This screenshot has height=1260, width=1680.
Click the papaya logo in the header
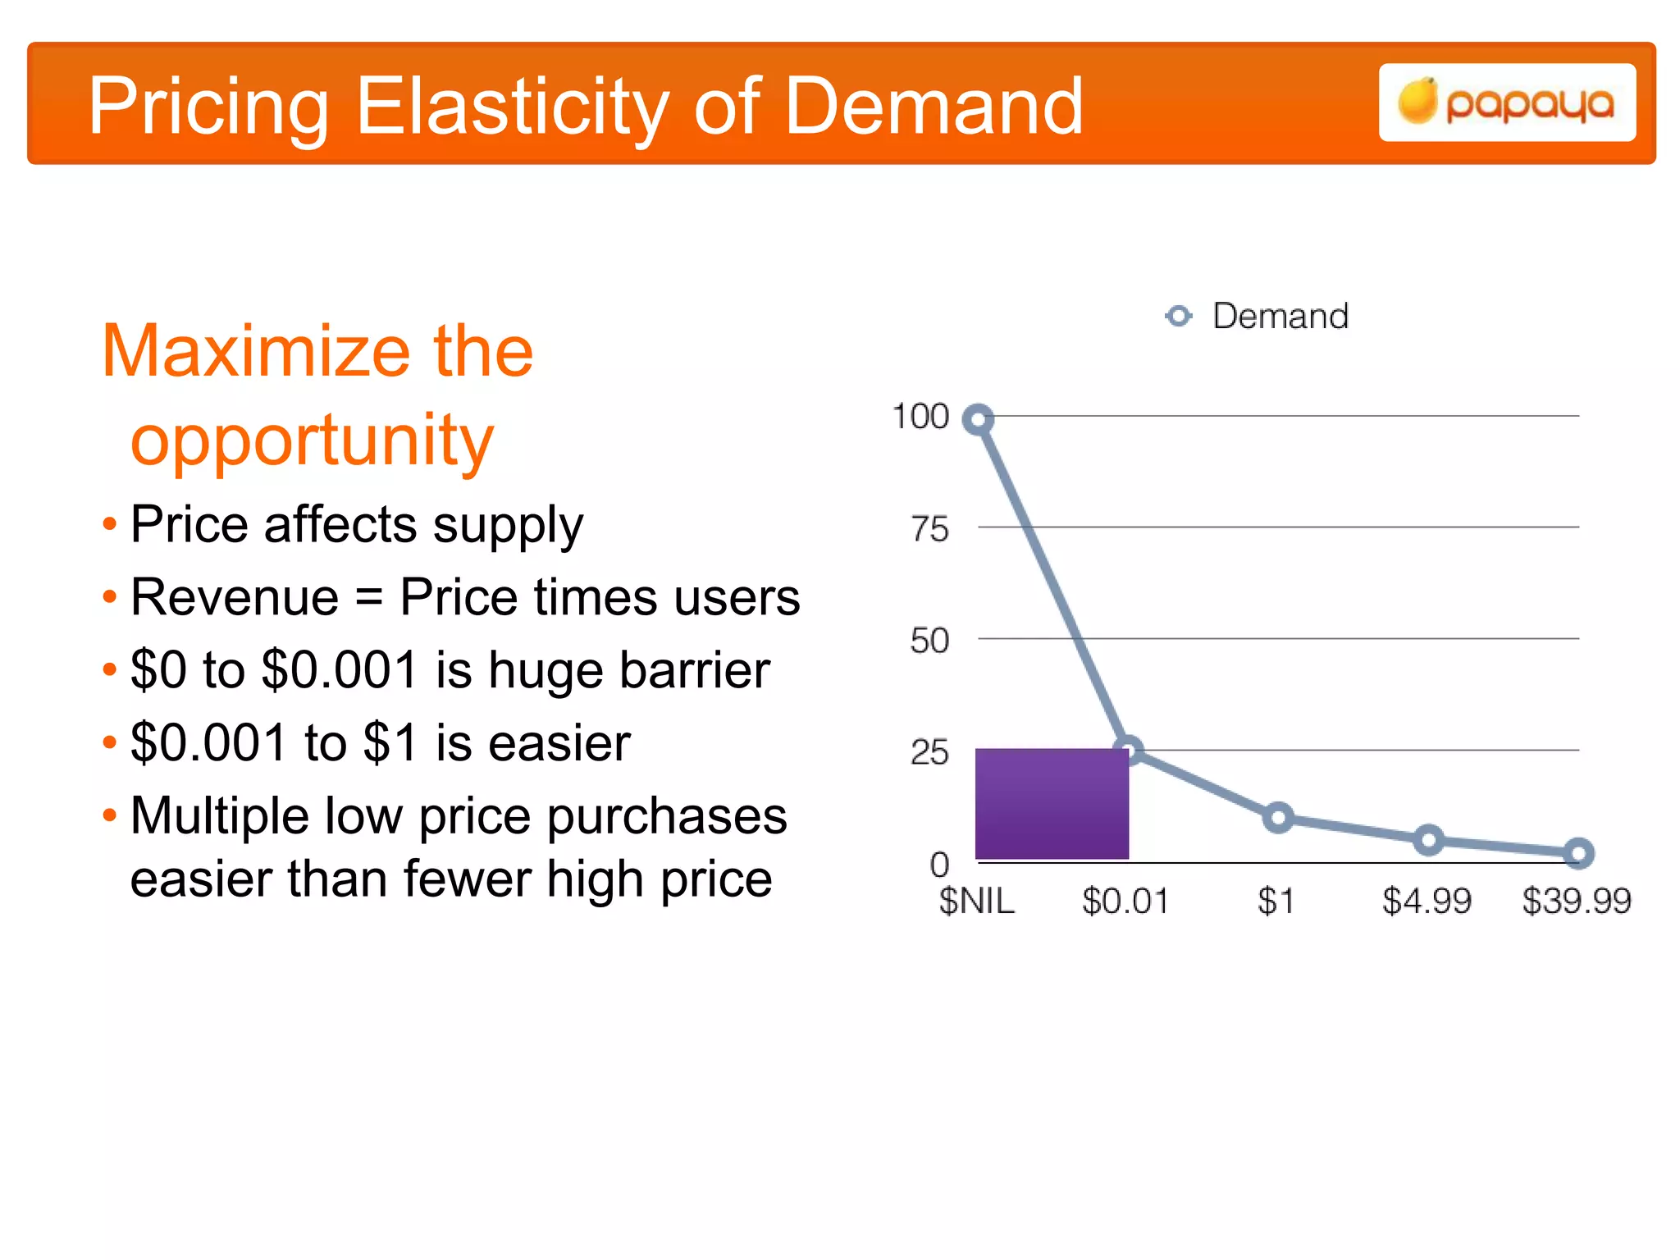[1507, 103]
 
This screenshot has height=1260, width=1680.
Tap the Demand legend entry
[1258, 316]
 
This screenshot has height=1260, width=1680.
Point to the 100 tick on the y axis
[920, 417]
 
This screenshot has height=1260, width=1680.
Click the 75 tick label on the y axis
[929, 529]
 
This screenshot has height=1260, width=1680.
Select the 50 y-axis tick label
[929, 641]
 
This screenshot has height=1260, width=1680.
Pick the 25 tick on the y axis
[929, 752]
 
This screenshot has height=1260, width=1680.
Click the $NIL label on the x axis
[976, 902]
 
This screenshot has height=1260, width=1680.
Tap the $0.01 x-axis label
[1125, 902]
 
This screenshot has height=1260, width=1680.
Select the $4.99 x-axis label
[1427, 902]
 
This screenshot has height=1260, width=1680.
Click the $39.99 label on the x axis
[1577, 902]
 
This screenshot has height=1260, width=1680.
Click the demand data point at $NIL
[978, 420]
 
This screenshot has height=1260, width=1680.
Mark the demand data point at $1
[1278, 817]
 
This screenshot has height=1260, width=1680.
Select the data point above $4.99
[1428, 840]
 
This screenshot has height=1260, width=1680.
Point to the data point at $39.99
[1578, 854]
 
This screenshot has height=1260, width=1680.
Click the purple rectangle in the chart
[1052, 804]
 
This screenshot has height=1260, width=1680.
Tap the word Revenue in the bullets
[235, 597]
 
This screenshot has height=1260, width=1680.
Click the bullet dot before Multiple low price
[110, 815]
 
